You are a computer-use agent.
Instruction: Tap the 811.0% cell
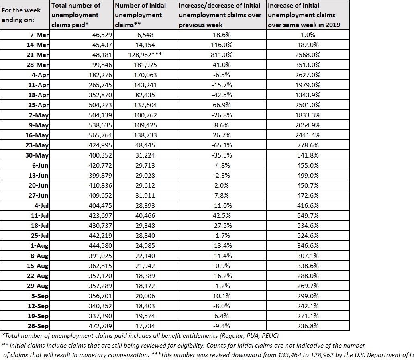pos(222,55)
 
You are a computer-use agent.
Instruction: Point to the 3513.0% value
pos(308,65)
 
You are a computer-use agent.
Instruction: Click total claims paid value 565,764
pos(98,135)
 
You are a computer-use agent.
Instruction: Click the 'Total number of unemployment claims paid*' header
pos(76,15)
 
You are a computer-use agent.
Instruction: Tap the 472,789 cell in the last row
pos(98,326)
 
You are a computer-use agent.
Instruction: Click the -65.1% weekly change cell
pos(222,145)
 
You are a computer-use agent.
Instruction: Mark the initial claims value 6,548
pos(145,35)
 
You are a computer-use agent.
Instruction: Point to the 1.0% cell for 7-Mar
pos(308,35)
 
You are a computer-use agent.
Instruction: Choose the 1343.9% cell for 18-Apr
pos(308,95)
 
